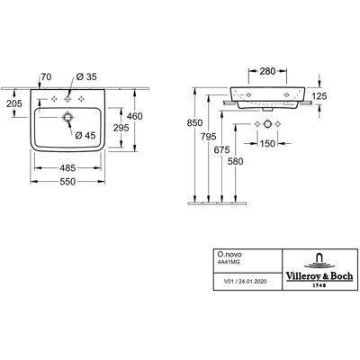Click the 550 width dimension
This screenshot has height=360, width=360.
[67, 182]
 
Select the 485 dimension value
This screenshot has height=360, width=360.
[67, 168]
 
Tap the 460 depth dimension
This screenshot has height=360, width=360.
[135, 116]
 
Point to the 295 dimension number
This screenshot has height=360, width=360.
[121, 128]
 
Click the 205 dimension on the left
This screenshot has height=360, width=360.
[14, 103]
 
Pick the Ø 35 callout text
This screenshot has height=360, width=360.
[86, 77]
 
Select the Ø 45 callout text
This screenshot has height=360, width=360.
[85, 136]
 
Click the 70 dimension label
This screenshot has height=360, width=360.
[46, 77]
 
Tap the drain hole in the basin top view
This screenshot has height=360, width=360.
[67, 117]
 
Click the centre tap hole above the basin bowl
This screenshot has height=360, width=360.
[67, 98]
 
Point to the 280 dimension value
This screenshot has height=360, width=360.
[267, 71]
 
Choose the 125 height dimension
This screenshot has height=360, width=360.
[319, 96]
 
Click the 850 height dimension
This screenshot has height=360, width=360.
[194, 123]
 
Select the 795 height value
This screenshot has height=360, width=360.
[209, 137]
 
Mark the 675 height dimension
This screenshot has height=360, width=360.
[222, 150]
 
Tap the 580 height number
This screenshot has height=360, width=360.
[236, 162]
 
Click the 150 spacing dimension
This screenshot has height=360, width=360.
[267, 144]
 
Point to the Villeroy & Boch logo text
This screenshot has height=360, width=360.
[319, 276]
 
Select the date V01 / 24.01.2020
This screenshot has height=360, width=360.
[246, 282]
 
